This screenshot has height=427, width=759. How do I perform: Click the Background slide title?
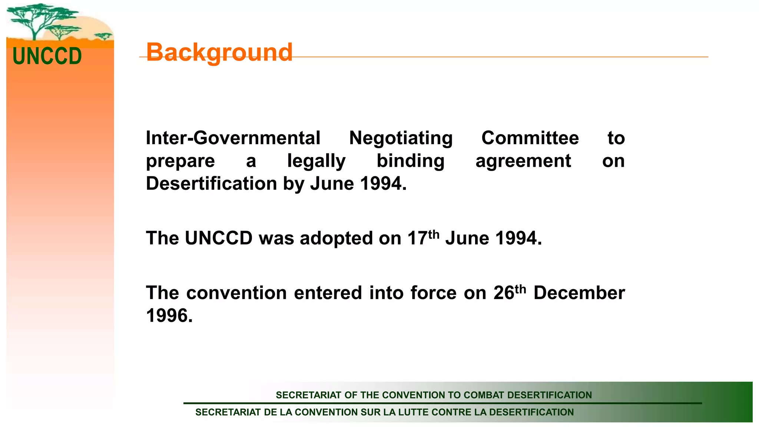click(x=219, y=52)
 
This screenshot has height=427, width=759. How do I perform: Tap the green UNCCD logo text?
click(x=47, y=56)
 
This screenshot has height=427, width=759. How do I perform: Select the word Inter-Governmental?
click(x=233, y=138)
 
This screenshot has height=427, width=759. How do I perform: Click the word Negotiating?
click(x=401, y=138)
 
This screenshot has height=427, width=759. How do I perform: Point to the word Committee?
click(x=530, y=138)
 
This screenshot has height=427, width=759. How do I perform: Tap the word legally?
click(x=316, y=161)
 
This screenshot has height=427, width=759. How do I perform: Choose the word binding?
click(x=410, y=161)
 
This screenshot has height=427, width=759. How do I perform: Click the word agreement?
click(x=523, y=161)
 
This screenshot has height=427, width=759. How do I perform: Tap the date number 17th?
click(x=423, y=238)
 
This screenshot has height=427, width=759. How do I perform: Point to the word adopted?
click(x=337, y=238)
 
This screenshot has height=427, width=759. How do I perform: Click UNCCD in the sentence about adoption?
click(x=219, y=238)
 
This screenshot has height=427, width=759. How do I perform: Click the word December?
click(x=579, y=293)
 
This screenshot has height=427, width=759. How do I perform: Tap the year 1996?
click(x=169, y=316)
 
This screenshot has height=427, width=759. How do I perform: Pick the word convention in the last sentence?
click(x=236, y=293)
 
